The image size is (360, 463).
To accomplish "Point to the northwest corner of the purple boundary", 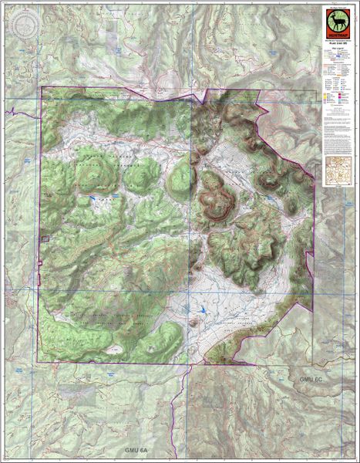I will coord(42,87).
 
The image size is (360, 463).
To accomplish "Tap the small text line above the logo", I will coord(336,6).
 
